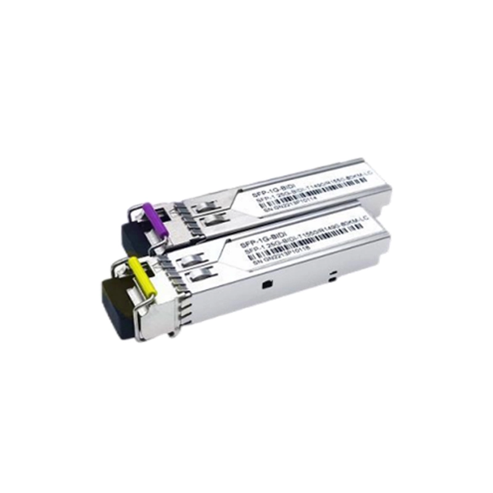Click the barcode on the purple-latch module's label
click(x=320, y=190)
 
